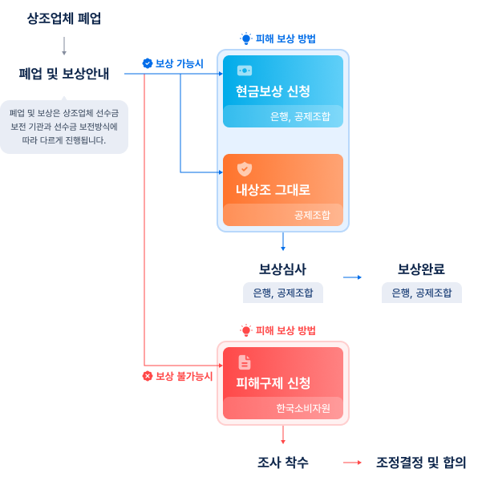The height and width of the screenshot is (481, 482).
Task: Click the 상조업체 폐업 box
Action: click(64, 18)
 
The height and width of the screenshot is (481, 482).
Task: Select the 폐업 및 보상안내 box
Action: click(64, 74)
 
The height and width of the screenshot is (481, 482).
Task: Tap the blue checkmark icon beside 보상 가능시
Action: click(147, 63)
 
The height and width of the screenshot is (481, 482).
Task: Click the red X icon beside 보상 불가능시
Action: click(147, 376)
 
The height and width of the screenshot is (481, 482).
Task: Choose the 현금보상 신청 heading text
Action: click(273, 91)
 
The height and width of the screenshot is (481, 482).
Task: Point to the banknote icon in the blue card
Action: click(245, 70)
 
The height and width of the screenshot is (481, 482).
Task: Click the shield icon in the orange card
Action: click(245, 168)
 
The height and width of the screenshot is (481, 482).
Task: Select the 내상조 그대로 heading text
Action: click(273, 190)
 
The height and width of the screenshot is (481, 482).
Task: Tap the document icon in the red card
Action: click(245, 362)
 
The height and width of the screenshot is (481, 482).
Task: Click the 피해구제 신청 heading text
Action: click(273, 383)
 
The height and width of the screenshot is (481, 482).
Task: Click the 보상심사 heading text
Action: click(282, 269)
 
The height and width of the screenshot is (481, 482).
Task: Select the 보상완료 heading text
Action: click(421, 269)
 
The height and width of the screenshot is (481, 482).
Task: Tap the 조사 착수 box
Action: click(282, 463)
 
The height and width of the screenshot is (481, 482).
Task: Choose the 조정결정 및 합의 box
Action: click(421, 463)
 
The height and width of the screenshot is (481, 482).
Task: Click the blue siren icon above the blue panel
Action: click(245, 38)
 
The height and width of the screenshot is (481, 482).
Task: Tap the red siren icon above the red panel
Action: click(245, 330)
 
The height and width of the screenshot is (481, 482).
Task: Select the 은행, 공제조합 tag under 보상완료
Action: click(421, 293)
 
